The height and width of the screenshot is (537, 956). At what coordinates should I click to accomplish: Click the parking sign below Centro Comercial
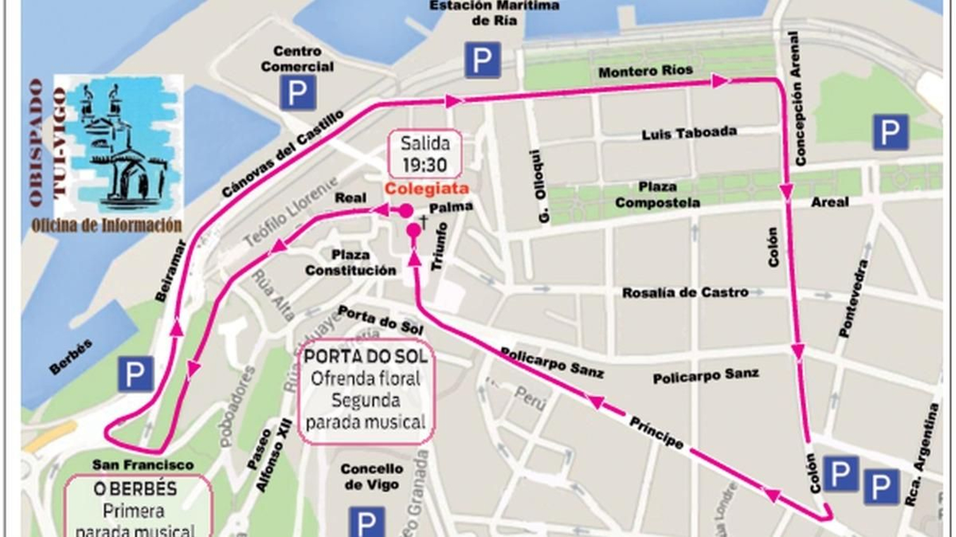[298, 93]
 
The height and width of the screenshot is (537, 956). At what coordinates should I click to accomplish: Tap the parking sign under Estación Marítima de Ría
[482, 60]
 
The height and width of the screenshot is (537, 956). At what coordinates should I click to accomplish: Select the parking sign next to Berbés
[135, 374]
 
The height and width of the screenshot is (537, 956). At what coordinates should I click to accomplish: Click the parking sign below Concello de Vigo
[366, 522]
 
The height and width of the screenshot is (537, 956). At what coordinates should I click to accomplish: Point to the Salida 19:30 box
[424, 154]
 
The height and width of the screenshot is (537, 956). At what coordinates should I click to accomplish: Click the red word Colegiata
[426, 189]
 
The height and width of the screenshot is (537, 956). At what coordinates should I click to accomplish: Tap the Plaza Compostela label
[657, 195]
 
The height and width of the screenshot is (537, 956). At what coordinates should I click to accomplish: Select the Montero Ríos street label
[645, 71]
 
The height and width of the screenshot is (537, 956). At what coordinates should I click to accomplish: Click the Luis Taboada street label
[689, 133]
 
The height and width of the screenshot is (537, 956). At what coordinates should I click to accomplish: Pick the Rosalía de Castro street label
[685, 293]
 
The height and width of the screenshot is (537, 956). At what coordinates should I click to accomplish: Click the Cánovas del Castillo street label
[283, 154]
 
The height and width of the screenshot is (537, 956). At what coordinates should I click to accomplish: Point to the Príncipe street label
[656, 432]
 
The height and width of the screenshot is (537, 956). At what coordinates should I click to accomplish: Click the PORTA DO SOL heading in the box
[366, 357]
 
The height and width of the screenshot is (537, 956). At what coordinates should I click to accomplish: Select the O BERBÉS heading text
[135, 489]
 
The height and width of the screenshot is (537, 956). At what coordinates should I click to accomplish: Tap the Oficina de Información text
[106, 225]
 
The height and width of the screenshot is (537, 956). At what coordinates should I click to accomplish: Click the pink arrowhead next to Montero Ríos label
[720, 81]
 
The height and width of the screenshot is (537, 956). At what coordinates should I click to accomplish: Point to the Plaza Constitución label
[350, 263]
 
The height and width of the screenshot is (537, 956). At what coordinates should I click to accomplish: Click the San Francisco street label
[143, 464]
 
